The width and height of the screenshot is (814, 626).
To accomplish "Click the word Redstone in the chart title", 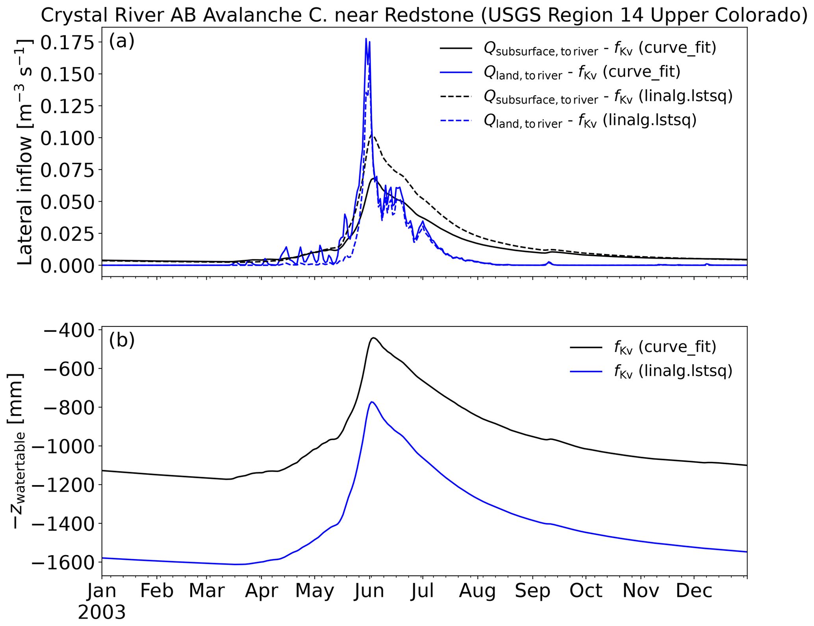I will pos(429,15).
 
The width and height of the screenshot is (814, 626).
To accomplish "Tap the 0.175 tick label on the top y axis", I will pos(67,43).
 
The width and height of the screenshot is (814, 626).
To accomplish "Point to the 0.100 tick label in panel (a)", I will pos(67,138).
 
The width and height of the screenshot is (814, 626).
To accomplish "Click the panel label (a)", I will pos(122,41).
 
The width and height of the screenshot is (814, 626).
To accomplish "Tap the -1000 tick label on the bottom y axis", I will pos(63,446).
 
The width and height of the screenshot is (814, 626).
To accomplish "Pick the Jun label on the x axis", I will pos(369,591).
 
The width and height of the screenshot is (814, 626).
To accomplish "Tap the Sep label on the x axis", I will pos(532,591).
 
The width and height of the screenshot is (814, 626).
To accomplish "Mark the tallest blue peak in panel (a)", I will pos(366,39).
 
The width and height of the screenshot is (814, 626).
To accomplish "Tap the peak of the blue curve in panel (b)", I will pos(372,402).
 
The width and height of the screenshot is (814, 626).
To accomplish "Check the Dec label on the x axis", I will pos(694,591).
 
